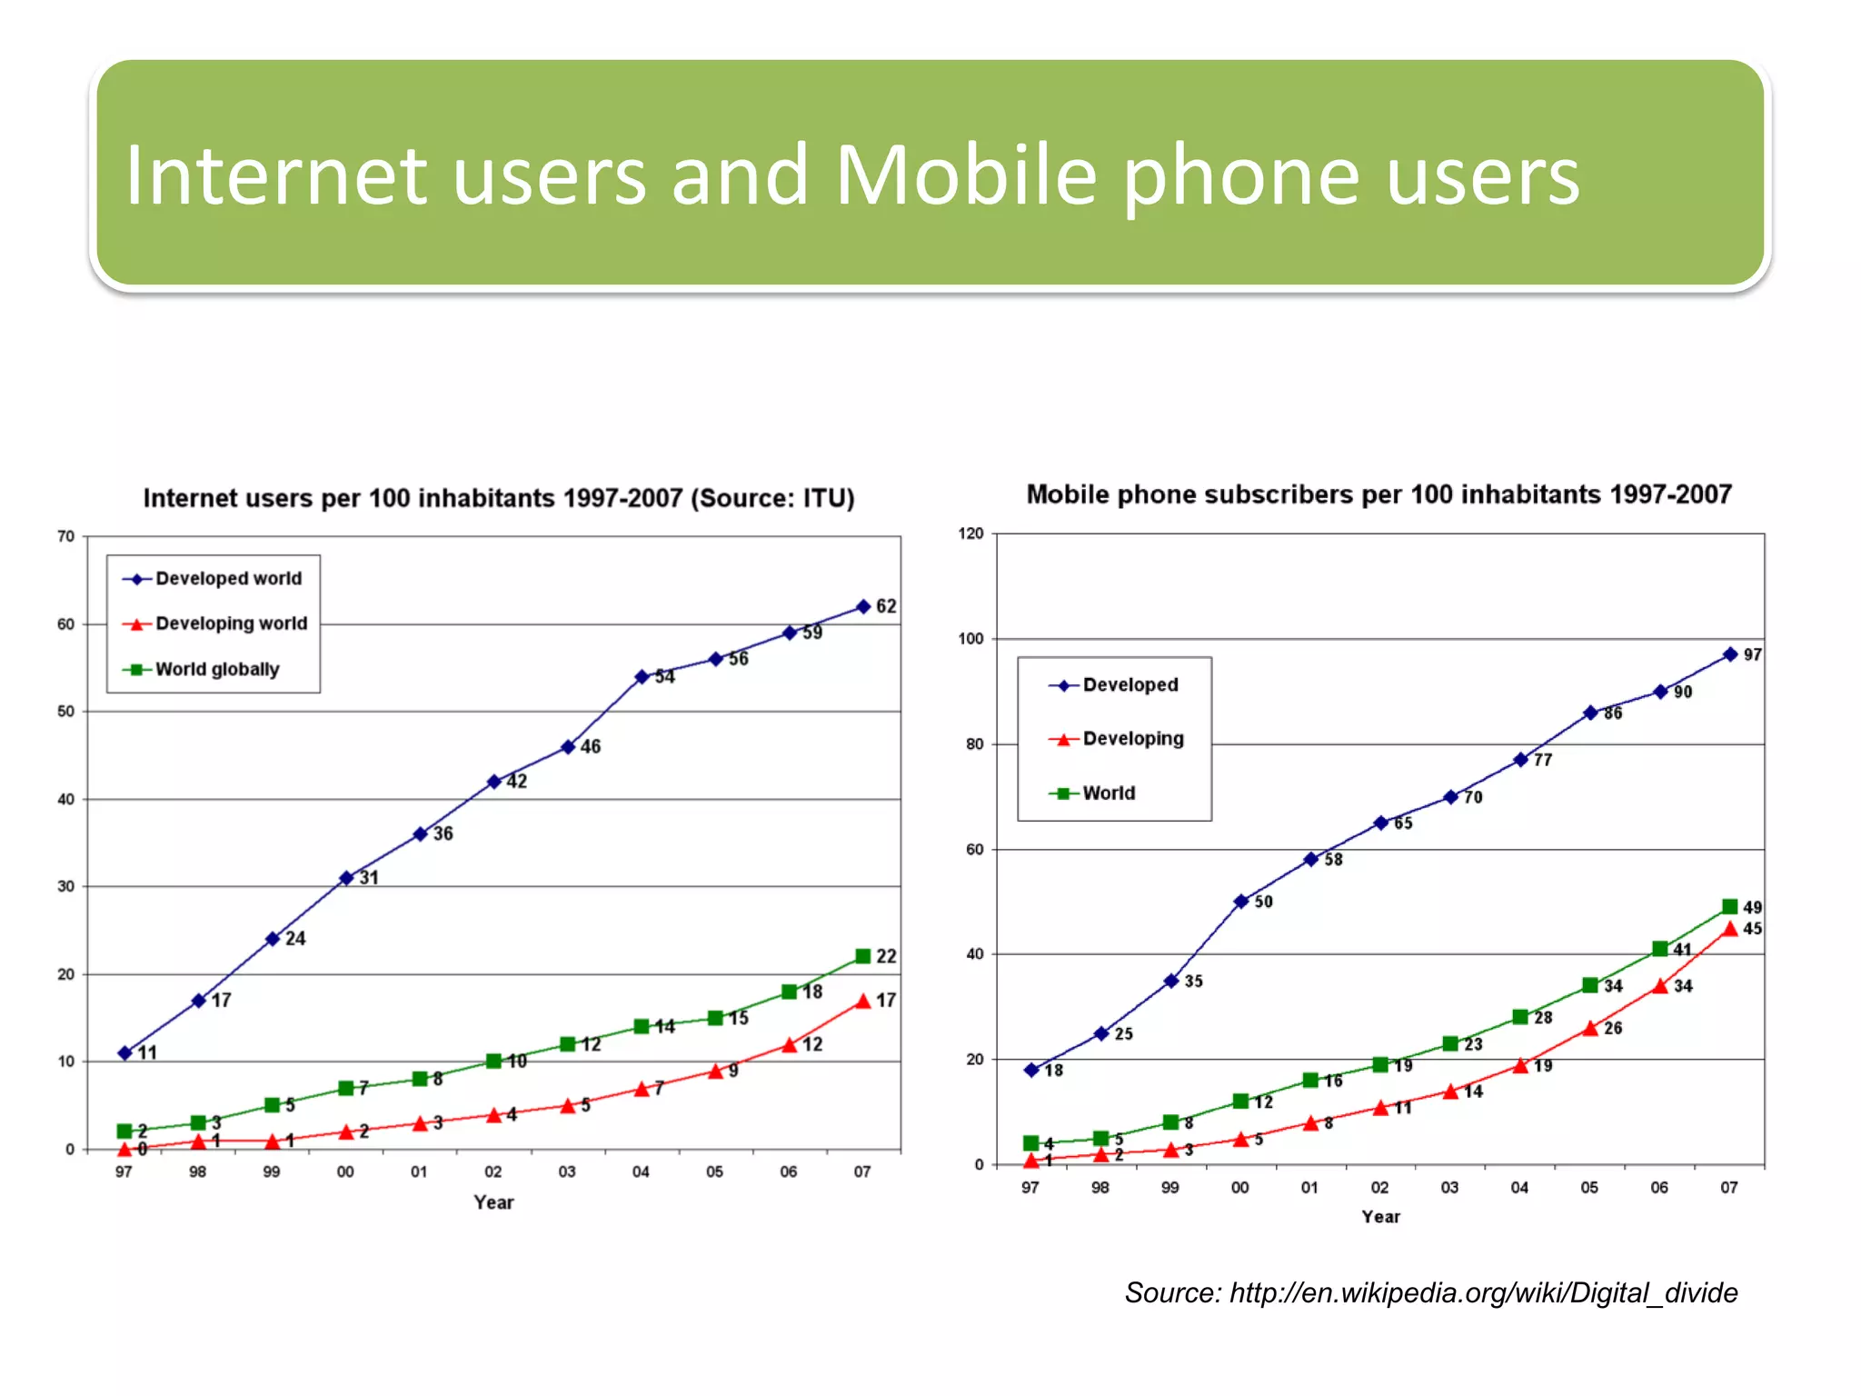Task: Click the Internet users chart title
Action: (499, 498)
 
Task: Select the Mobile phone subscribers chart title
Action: (1378, 494)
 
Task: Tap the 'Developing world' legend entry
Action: (231, 623)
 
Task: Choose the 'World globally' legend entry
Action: (217, 669)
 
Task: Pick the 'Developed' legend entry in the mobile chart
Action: (1130, 684)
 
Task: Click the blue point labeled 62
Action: (863, 606)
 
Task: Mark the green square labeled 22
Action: (863, 956)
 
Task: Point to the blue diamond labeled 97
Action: (1730, 654)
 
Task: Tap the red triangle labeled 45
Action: (1730, 929)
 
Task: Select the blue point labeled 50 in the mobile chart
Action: (1241, 902)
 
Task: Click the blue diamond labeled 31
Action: (346, 878)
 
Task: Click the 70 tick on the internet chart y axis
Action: (66, 536)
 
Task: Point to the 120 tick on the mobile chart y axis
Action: (970, 533)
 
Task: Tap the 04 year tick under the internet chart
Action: (641, 1172)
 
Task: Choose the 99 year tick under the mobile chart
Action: (1170, 1188)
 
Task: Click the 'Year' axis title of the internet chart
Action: (493, 1202)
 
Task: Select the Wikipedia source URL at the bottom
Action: (1483, 1292)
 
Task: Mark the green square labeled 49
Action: (1730, 907)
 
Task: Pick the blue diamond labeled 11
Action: (125, 1053)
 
